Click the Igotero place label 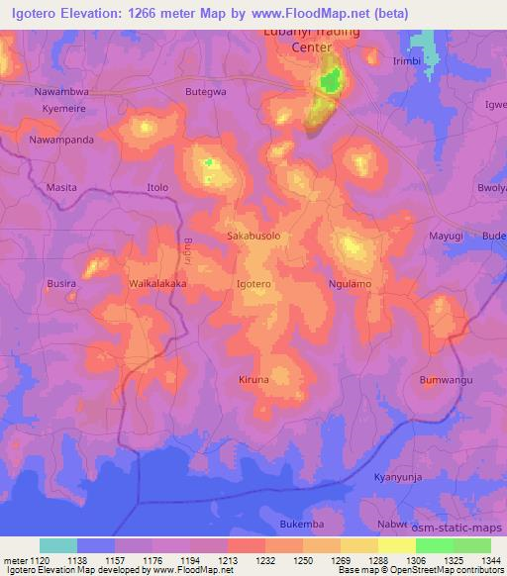point(254,284)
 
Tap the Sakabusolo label point(255,238)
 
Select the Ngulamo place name point(349,284)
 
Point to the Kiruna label point(253,380)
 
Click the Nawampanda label point(61,140)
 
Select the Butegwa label point(206,91)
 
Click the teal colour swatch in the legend point(58,545)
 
